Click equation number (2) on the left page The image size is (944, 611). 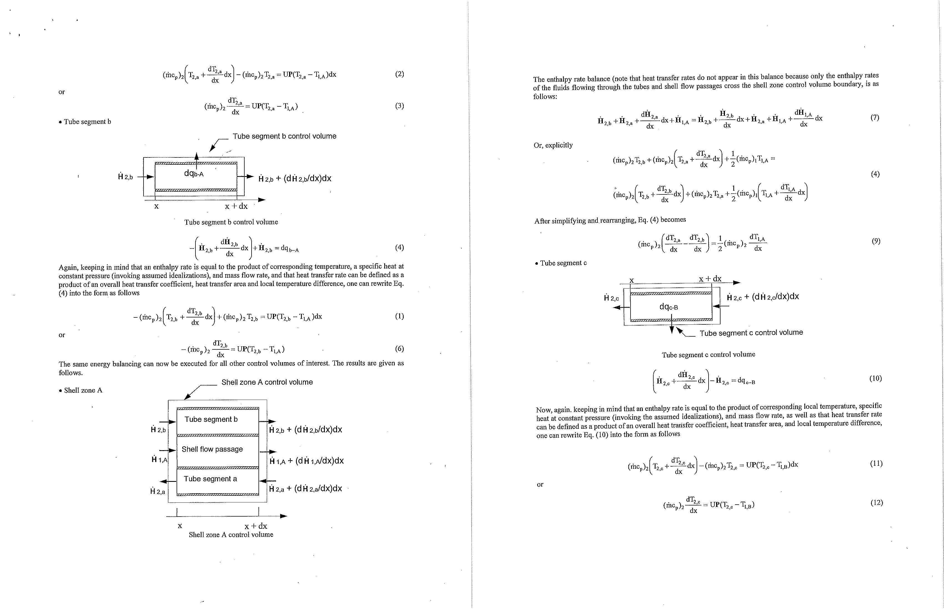pos(400,74)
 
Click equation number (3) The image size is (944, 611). pos(400,106)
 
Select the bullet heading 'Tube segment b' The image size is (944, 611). pos(85,122)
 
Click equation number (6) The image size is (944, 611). pos(400,349)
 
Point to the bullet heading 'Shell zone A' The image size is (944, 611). pos(81,390)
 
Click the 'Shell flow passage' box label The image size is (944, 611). pos(212,449)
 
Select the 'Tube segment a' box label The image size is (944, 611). pos(210,479)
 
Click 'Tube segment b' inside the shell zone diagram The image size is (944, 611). pos(211,419)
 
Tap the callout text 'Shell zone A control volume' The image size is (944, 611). pos(267,382)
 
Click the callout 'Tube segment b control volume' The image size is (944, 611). pos(284,136)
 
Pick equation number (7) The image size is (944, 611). pos(875,117)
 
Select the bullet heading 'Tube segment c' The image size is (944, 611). pos(561,263)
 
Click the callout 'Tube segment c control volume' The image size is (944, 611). pos(751,332)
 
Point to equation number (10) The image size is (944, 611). pos(875,378)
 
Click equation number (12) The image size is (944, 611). pos(877,503)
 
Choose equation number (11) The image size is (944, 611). pos(876,464)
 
